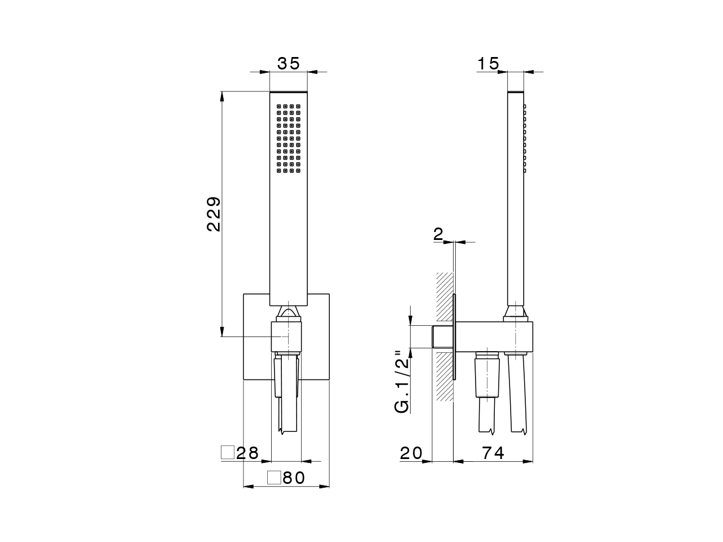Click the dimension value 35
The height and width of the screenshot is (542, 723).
pyautogui.click(x=288, y=63)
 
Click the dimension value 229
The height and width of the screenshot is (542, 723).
pyautogui.click(x=214, y=214)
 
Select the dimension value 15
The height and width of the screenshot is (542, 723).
pyautogui.click(x=488, y=63)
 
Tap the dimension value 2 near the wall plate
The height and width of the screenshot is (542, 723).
pyautogui.click(x=438, y=235)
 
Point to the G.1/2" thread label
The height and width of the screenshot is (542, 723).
pyautogui.click(x=402, y=382)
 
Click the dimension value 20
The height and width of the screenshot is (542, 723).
pyautogui.click(x=411, y=453)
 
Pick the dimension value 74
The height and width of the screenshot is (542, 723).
pyautogui.click(x=493, y=453)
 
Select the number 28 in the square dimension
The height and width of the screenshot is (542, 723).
pyautogui.click(x=247, y=453)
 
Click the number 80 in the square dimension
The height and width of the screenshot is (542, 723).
pyautogui.click(x=294, y=478)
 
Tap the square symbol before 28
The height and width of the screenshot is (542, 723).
pyautogui.click(x=227, y=452)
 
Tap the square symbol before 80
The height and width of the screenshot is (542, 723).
pyautogui.click(x=274, y=478)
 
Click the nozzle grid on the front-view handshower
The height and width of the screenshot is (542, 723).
pyautogui.click(x=289, y=138)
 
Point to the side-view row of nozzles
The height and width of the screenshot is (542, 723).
pyautogui.click(x=525, y=138)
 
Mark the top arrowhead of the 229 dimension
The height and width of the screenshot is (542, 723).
pyautogui.click(x=222, y=96)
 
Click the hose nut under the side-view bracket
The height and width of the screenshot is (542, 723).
pyautogui.click(x=487, y=356)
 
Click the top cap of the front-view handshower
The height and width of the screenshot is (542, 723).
pyautogui.click(x=289, y=92)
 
